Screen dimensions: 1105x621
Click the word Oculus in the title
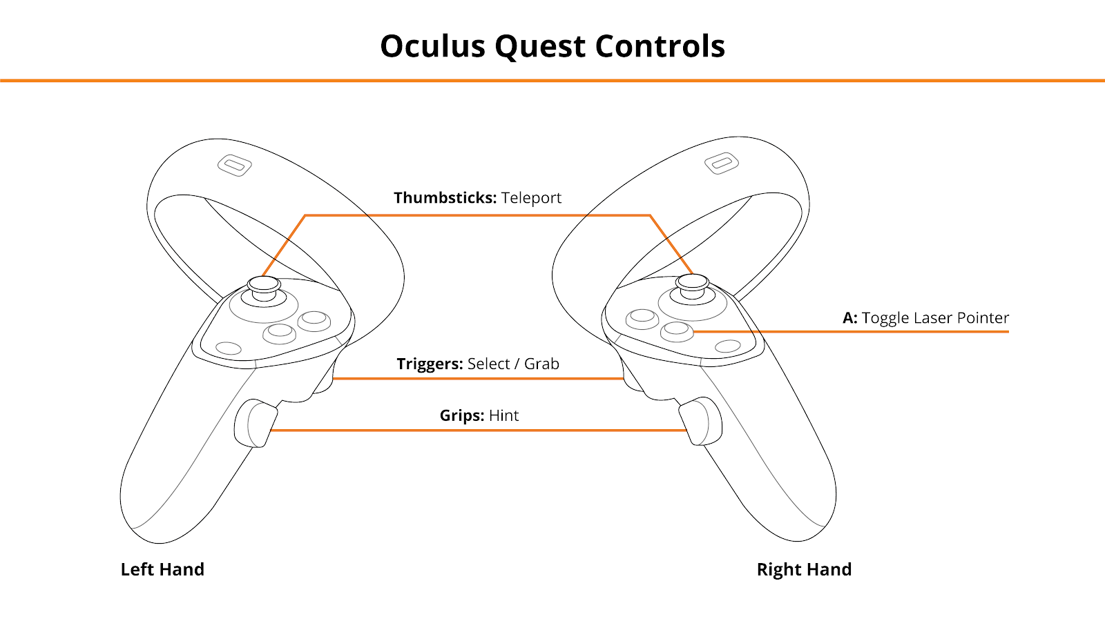pos(432,46)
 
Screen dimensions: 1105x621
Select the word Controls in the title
pos(660,46)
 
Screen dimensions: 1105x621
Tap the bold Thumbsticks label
pos(445,197)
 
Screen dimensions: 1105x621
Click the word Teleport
pos(531,197)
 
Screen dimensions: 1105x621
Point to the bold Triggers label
pos(430,364)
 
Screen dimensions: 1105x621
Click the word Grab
pos(541,364)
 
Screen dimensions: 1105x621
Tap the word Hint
pos(503,415)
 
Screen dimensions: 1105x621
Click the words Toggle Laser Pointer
pos(935,318)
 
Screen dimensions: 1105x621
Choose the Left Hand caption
pos(162,569)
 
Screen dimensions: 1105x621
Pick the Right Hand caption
pos(804,569)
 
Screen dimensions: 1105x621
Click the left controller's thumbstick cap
pos(264,284)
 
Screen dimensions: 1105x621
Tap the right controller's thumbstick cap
pos(692,282)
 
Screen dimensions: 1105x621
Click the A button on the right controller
pos(677,331)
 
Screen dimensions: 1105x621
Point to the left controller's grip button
pos(256,423)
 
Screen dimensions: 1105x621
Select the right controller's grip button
pos(701,422)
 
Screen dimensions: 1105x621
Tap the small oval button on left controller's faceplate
pos(229,348)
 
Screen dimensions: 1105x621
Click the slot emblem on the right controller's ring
pos(722,163)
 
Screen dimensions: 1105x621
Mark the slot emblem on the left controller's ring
pos(235,166)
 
